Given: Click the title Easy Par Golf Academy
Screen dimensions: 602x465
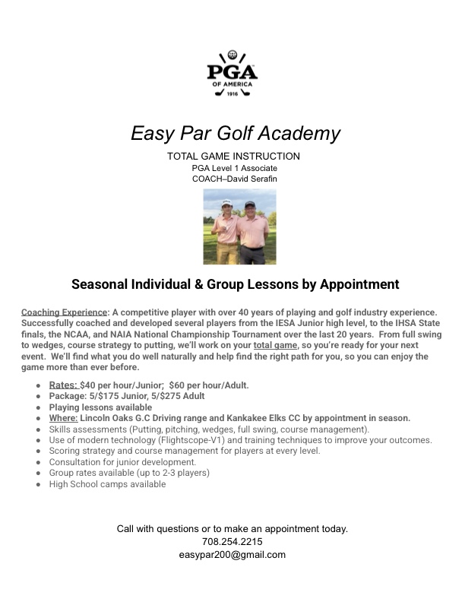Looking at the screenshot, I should coord(236,134).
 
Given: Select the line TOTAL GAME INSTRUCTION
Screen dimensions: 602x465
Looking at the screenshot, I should coord(233,157).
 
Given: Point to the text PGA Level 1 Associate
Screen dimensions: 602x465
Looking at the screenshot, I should coord(234,168).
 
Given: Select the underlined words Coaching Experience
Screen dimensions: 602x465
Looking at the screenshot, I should coord(64,312).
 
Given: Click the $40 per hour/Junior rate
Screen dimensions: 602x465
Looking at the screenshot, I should coord(120,385).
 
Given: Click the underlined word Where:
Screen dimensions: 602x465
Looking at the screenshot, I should coord(63,418).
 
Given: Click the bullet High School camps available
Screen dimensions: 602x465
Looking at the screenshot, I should coord(107,484).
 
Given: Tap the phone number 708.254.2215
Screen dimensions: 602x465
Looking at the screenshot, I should coord(232,542).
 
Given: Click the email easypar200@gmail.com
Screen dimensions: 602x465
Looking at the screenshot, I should coord(232,555).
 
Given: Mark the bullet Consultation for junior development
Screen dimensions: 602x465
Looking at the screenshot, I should coord(122,462).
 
